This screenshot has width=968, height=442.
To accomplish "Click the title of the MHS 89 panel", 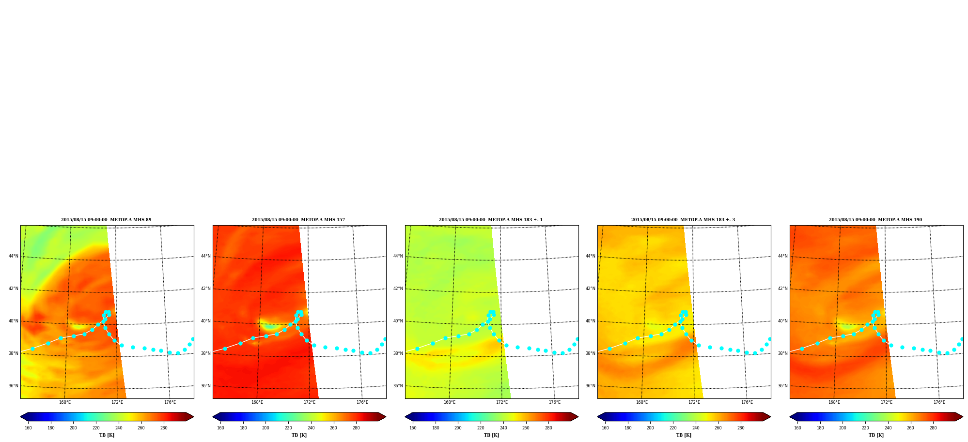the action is (106, 220).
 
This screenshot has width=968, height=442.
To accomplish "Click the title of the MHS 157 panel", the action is (298, 220).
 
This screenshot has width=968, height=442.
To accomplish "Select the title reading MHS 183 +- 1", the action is (491, 220).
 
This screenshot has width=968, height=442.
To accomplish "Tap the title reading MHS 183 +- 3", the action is (683, 220).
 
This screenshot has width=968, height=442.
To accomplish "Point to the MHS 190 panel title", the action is (875, 220).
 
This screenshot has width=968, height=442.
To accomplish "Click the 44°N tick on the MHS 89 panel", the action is (13, 256).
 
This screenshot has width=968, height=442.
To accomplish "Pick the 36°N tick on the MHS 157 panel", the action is (206, 386).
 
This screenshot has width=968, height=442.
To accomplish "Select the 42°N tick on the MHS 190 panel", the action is (783, 289).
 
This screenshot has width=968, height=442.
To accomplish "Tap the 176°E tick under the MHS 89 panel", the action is (170, 402).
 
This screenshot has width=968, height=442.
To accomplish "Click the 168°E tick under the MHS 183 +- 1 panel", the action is (450, 402).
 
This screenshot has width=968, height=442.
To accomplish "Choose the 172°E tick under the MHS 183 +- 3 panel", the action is (694, 402).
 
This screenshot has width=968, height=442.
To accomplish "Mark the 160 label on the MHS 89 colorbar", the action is (28, 428).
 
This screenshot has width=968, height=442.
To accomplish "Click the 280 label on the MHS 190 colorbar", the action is (933, 428).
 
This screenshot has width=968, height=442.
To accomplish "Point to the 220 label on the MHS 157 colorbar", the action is (288, 428).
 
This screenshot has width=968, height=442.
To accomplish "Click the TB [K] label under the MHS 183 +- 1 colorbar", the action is (491, 435).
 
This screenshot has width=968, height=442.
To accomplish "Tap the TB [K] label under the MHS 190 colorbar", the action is (876, 435).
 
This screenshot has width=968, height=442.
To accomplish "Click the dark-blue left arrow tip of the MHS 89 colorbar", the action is (20, 417).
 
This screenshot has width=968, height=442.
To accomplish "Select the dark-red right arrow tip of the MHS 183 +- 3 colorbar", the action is (770, 417).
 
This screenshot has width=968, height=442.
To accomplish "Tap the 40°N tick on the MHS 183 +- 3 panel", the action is (591, 321).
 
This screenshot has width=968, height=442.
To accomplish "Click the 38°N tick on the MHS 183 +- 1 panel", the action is (398, 353).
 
